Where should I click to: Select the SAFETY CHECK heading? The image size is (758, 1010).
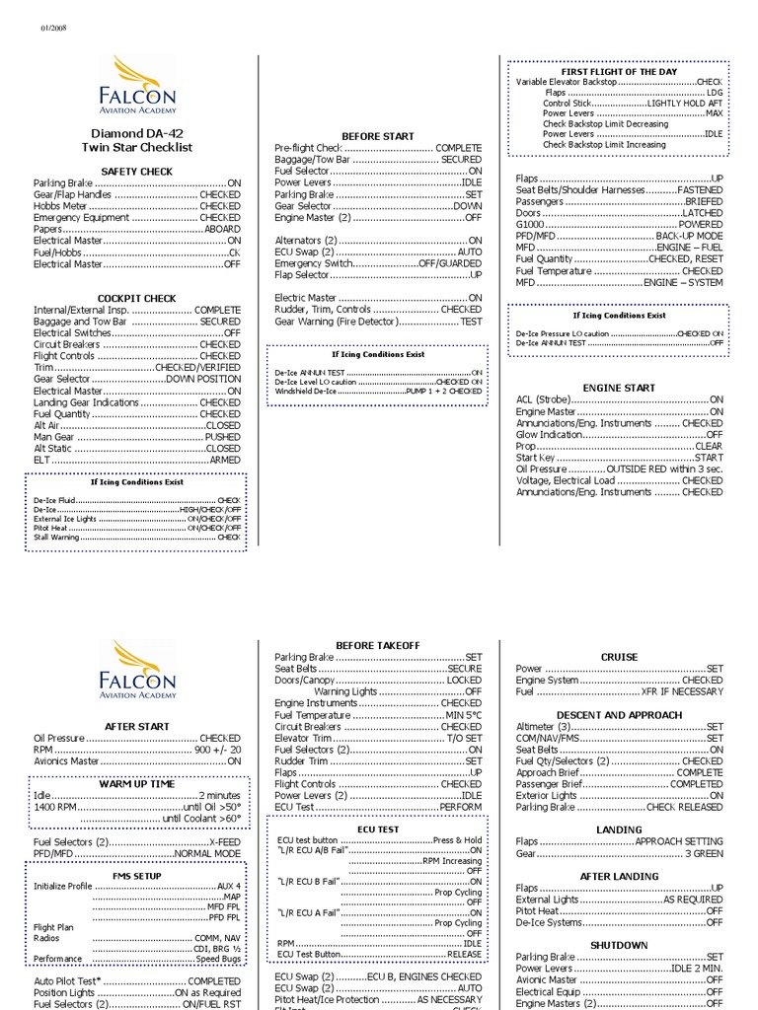pyautogui.click(x=136, y=172)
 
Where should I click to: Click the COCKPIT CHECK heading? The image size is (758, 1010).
pyautogui.click(x=136, y=298)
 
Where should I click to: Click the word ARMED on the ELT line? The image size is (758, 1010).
pyautogui.click(x=224, y=460)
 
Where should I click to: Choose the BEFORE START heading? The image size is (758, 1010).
pyautogui.click(x=378, y=136)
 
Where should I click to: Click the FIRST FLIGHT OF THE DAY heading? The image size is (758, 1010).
pyautogui.click(x=619, y=73)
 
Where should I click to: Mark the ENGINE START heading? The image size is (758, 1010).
pyautogui.click(x=619, y=389)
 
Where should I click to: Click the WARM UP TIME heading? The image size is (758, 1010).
pyautogui.click(x=136, y=783)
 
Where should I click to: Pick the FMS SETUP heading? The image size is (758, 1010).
pyautogui.click(x=136, y=876)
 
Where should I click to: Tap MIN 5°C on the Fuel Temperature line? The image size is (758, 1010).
pyautogui.click(x=463, y=715)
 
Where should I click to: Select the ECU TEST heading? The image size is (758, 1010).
pyautogui.click(x=378, y=830)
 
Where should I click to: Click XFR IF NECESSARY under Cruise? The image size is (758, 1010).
pyautogui.click(x=682, y=691)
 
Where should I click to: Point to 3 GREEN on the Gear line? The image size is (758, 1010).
pyautogui.click(x=703, y=853)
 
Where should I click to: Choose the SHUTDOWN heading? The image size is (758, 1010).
pyautogui.click(x=619, y=945)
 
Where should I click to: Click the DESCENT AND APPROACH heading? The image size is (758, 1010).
pyautogui.click(x=619, y=715)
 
